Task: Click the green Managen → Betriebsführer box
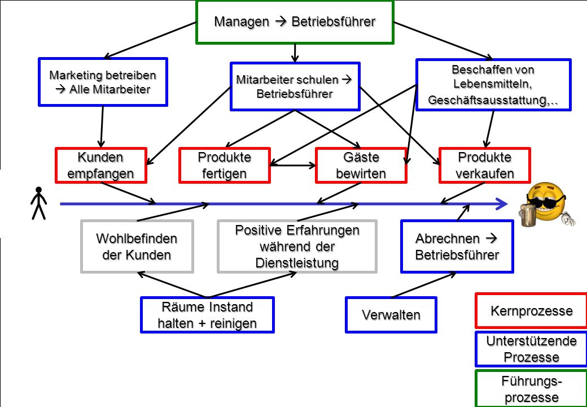[x=295, y=21]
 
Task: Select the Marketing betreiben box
[x=103, y=82]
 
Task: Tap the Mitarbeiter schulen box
[x=295, y=86]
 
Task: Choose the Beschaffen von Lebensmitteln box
[x=493, y=85]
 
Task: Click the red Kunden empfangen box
[x=100, y=165]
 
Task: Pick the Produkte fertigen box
[x=225, y=165]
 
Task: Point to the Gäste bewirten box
[x=361, y=165]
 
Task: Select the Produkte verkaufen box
[x=485, y=165]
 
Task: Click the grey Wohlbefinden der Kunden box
[x=137, y=246]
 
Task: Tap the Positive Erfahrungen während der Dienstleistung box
[x=297, y=246]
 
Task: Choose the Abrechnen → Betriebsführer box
[x=457, y=246]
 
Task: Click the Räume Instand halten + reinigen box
[x=207, y=315]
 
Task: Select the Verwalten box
[x=391, y=315]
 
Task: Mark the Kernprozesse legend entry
[x=532, y=311]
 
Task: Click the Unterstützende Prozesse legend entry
[x=532, y=349]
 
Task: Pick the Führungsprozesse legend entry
[x=532, y=388]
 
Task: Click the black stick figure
[x=38, y=203]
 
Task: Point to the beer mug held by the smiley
[x=528, y=216]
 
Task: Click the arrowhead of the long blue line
[x=502, y=204]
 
